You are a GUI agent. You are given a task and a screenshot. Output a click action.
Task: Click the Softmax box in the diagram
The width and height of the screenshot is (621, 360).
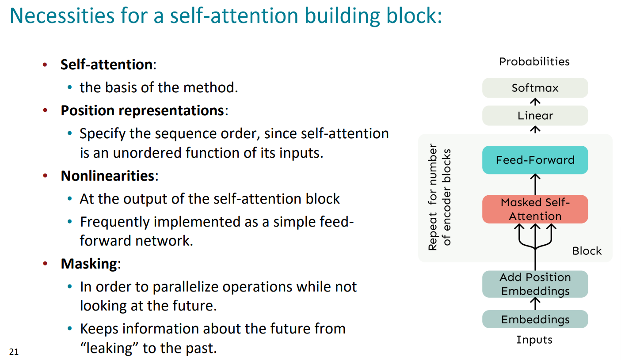535,88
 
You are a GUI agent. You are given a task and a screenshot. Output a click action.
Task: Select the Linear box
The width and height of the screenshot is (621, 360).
535,116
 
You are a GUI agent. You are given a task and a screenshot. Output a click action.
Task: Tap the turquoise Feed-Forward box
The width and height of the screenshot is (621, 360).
535,160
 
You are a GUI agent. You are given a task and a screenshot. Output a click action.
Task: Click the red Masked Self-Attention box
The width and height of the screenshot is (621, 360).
535,209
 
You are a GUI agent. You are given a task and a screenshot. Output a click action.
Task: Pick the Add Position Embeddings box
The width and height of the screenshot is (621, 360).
535,284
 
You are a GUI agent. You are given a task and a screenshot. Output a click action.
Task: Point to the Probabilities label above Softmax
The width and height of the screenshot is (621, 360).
534,61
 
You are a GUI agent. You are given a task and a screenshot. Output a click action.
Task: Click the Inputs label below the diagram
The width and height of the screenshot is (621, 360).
534,340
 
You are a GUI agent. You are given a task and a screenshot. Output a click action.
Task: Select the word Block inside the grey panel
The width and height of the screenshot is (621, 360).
587,251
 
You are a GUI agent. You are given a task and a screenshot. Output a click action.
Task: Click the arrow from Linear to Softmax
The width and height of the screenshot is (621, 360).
535,102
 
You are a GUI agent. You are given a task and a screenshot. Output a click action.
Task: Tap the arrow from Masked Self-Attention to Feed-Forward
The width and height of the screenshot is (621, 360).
535,185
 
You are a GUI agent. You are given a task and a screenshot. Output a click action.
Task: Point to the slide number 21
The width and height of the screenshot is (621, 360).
14,352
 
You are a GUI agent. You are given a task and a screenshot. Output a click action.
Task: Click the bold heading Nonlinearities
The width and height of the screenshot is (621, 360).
107,176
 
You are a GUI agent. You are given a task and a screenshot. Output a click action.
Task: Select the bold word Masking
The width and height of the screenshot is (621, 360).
89,264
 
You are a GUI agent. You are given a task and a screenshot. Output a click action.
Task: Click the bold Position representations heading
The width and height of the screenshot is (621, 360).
142,110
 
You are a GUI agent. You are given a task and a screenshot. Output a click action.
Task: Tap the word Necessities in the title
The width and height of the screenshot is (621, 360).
62,15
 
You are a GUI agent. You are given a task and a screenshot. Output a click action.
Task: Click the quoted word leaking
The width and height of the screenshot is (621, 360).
109,348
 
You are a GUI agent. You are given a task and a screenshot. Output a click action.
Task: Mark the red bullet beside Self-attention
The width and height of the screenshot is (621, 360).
45,65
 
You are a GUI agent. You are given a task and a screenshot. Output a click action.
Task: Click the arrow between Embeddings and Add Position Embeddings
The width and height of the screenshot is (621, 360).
535,304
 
